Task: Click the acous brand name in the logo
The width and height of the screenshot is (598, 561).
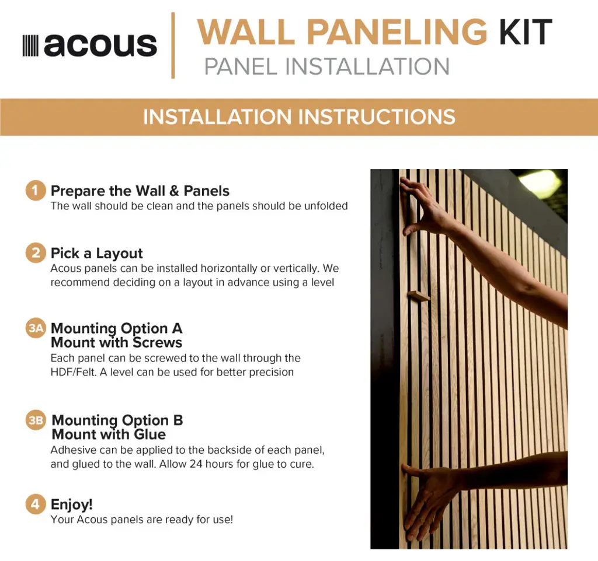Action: [x=100, y=45]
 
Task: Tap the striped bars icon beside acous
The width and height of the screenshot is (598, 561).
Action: [x=30, y=45]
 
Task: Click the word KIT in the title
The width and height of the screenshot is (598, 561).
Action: [x=526, y=32]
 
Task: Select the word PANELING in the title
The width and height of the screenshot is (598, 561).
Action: [x=397, y=32]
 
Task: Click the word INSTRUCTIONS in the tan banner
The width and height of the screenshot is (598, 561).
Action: [x=377, y=117]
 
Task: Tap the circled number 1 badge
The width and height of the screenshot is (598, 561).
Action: [x=36, y=190]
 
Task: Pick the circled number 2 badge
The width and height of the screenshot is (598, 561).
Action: [x=36, y=253]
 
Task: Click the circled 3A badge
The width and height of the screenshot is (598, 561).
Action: [x=36, y=328]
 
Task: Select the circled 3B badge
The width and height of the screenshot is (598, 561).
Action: [x=36, y=420]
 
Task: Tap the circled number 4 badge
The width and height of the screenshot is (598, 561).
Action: [x=36, y=504]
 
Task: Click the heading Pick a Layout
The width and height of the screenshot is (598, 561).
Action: [x=97, y=253]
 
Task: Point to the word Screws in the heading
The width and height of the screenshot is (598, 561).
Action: [x=157, y=342]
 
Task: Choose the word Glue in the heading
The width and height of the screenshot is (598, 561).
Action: [x=150, y=434]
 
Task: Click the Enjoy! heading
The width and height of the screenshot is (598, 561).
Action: [x=72, y=504]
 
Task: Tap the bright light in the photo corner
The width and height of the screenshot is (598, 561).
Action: [x=544, y=181]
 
